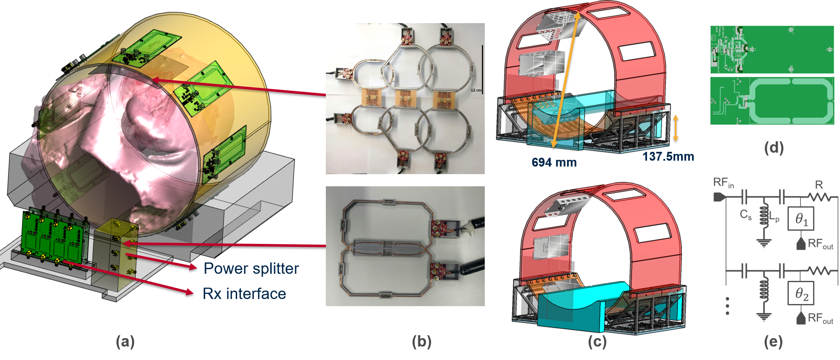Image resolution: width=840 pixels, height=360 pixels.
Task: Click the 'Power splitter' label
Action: (x=251, y=269)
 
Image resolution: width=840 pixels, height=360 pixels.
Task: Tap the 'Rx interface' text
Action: (x=244, y=294)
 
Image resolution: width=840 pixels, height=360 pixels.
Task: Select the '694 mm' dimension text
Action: (x=554, y=162)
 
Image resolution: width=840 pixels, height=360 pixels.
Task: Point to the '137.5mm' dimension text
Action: (x=668, y=156)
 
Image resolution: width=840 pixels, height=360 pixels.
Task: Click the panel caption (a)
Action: (x=125, y=341)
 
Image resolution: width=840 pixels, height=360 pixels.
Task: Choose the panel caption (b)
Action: (x=422, y=341)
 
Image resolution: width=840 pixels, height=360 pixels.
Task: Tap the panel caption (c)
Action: (x=597, y=341)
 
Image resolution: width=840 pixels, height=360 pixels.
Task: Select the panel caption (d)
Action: (x=774, y=147)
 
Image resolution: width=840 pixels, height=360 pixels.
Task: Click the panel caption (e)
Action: (x=773, y=341)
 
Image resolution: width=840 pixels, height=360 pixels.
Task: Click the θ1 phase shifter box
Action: (x=800, y=218)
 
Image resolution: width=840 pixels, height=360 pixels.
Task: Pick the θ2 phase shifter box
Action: (x=800, y=293)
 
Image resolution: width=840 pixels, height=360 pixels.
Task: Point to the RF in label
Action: (x=724, y=183)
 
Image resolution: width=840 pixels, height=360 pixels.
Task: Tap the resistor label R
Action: (x=819, y=185)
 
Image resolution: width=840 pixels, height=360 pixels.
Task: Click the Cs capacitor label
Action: (x=746, y=215)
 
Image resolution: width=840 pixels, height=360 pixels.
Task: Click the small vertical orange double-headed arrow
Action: (x=676, y=128)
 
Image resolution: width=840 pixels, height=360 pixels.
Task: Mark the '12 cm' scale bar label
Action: (x=476, y=90)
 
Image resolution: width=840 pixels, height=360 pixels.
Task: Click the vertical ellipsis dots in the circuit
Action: (x=727, y=306)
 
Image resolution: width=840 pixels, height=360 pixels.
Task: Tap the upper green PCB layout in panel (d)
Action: (x=772, y=50)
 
